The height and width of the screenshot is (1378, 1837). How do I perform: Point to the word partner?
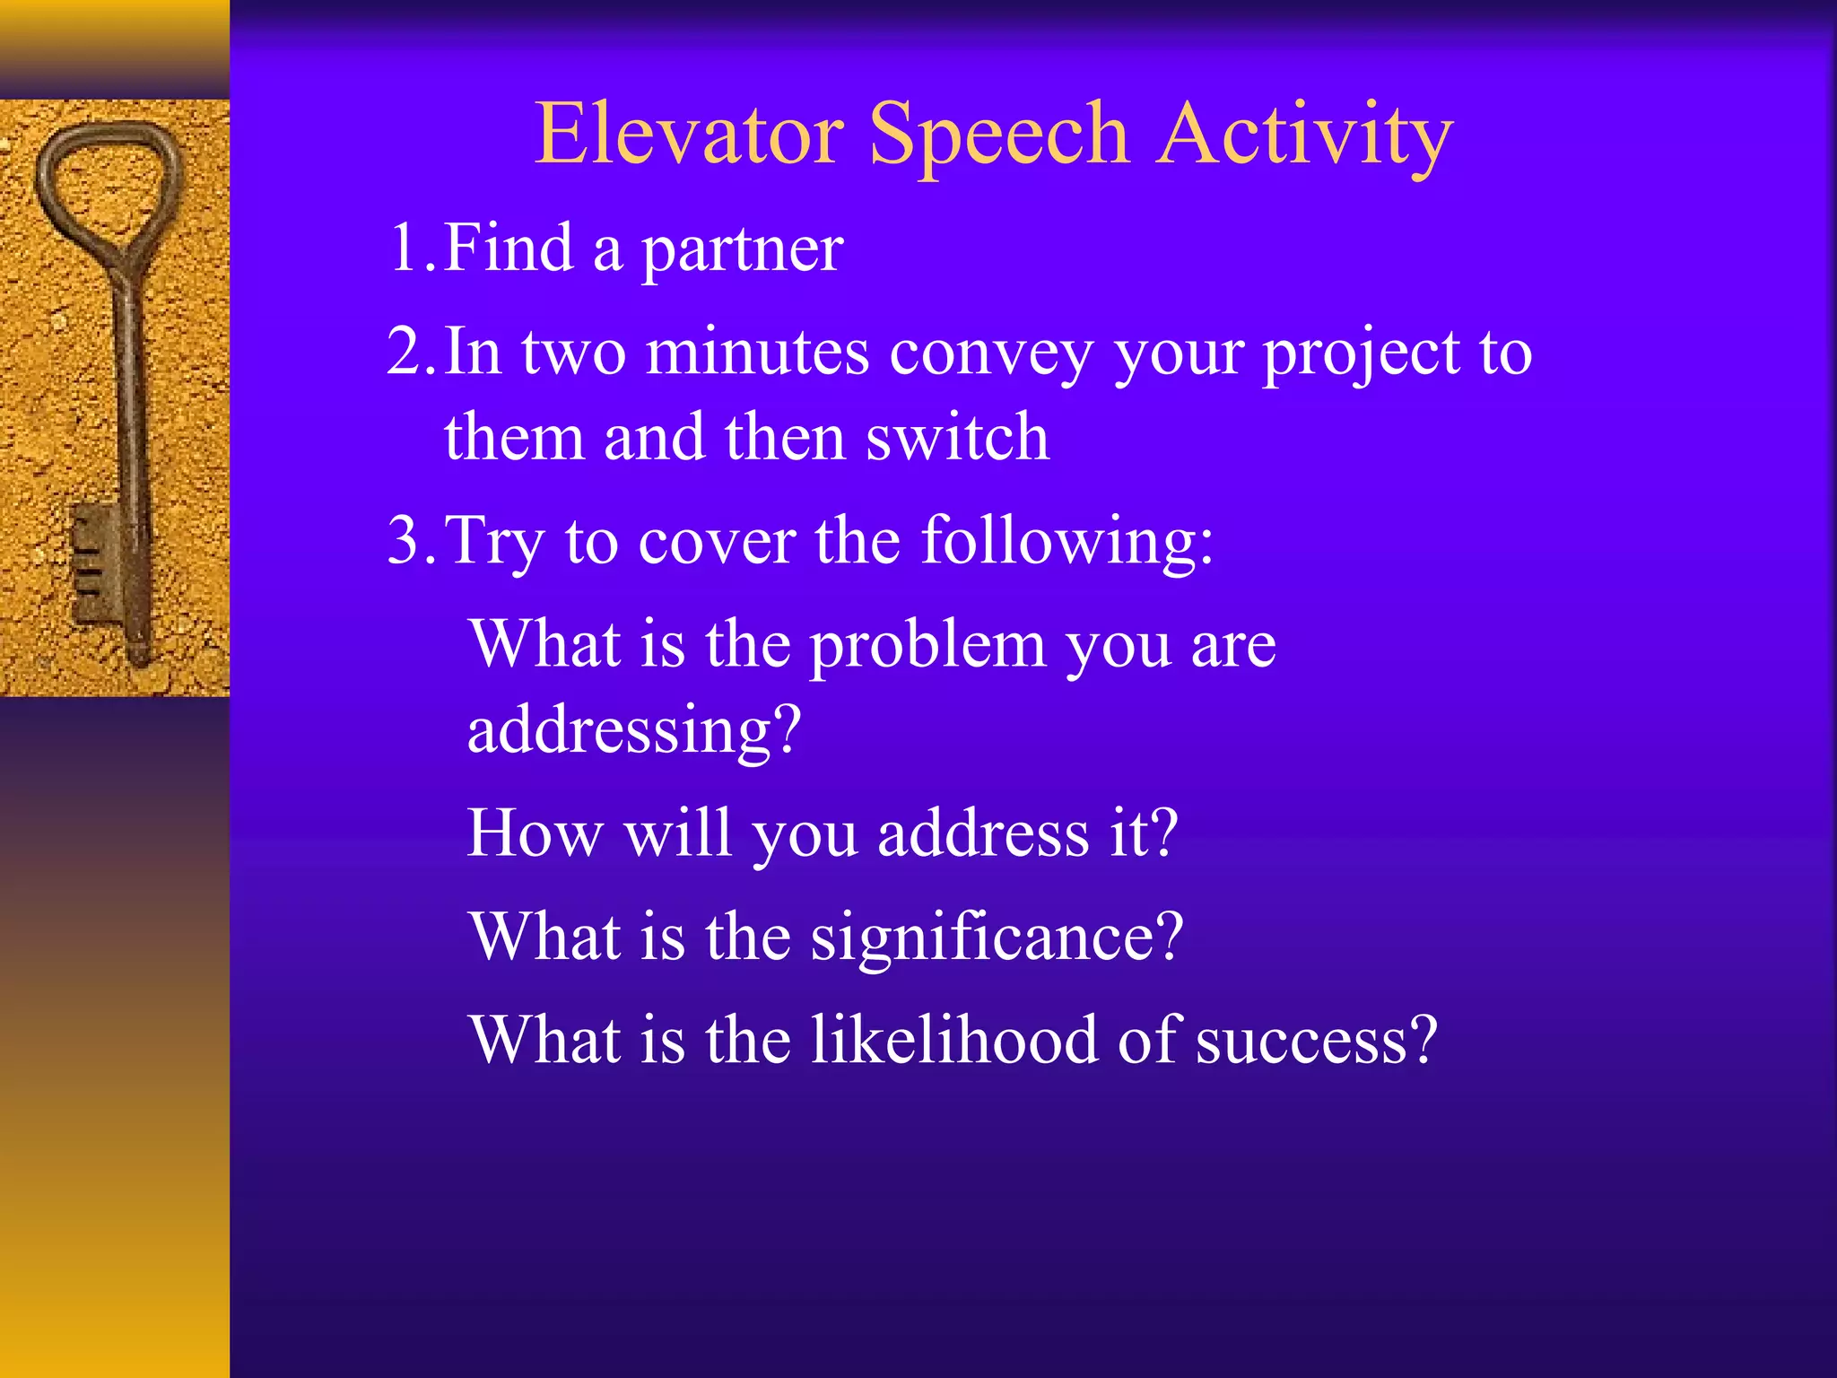[x=741, y=251]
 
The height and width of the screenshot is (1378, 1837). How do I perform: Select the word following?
[x=1067, y=543]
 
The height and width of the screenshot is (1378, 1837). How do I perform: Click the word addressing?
[x=633, y=731]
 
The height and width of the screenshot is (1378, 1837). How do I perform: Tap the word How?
[x=535, y=833]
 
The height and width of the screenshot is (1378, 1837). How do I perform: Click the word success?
[x=1316, y=1041]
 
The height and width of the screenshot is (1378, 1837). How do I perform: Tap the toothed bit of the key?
[x=90, y=562]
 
